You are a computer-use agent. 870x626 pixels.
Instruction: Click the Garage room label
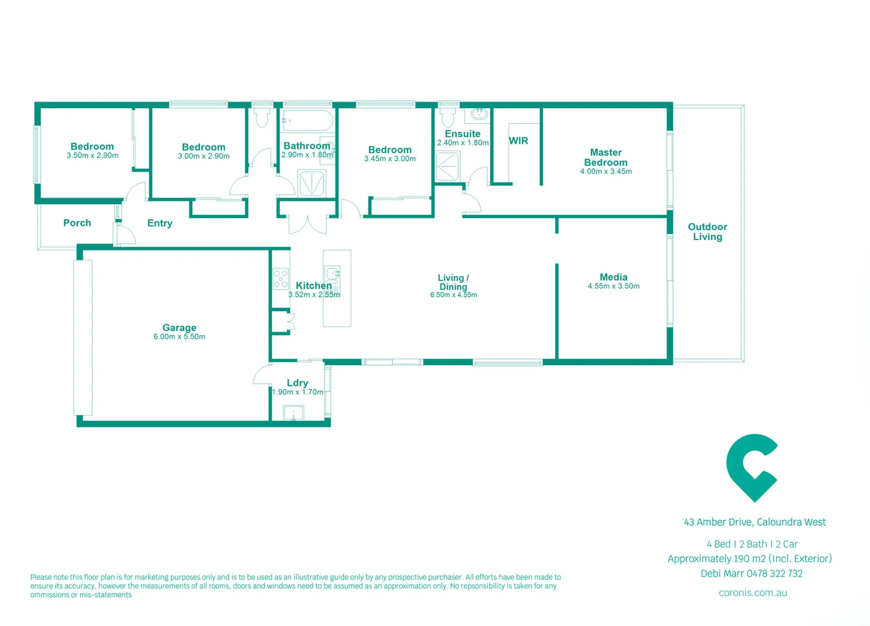(179, 327)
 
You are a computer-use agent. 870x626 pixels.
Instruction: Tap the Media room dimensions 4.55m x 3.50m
(613, 286)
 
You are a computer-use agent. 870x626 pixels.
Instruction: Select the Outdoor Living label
(707, 232)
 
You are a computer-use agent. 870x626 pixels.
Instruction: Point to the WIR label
(518, 141)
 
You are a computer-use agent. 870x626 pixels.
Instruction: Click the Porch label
(77, 223)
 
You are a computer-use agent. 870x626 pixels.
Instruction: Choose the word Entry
(159, 223)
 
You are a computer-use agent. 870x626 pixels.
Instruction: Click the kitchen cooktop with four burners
(281, 279)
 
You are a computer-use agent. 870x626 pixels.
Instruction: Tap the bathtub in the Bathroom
(307, 121)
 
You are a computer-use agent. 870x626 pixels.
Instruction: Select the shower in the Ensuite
(447, 166)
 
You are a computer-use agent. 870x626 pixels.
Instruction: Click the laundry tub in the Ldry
(293, 413)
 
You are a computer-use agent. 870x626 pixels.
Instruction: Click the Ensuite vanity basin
(479, 114)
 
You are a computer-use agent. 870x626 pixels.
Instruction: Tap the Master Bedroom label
(606, 158)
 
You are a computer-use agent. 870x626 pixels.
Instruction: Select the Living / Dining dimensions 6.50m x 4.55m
(453, 295)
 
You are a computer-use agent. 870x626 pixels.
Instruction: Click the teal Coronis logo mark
(751, 467)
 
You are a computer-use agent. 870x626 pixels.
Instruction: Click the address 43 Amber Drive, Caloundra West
(755, 522)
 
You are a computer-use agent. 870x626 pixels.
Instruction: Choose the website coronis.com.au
(752, 593)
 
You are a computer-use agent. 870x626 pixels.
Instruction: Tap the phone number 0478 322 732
(774, 574)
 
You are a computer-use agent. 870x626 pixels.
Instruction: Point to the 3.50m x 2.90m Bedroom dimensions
(92, 156)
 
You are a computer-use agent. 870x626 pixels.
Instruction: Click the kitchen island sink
(333, 274)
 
